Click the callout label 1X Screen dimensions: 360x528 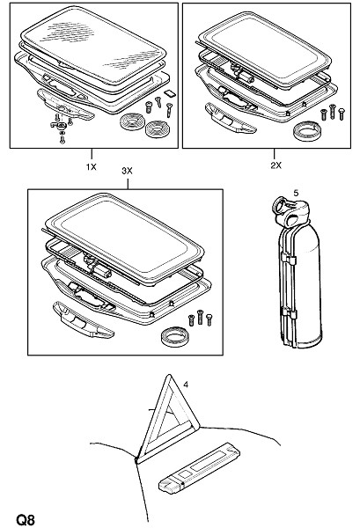tap(91, 166)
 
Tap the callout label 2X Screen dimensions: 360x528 tap(276, 165)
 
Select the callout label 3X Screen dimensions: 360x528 tap(127, 171)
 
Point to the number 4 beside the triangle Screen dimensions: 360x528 tap(186, 385)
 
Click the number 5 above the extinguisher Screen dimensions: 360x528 tap(296, 193)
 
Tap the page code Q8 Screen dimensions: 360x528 tap(26, 519)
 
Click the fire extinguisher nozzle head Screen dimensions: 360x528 tap(290, 211)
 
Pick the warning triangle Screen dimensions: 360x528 tap(167, 421)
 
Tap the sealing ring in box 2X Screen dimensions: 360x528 tap(307, 131)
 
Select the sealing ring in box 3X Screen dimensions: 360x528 tap(174, 336)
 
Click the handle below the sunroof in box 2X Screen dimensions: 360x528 tap(230, 118)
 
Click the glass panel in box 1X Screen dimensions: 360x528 tap(93, 45)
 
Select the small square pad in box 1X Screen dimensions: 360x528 tap(169, 93)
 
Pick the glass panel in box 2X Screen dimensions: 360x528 tap(265, 49)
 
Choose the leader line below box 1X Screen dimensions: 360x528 tap(92, 155)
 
